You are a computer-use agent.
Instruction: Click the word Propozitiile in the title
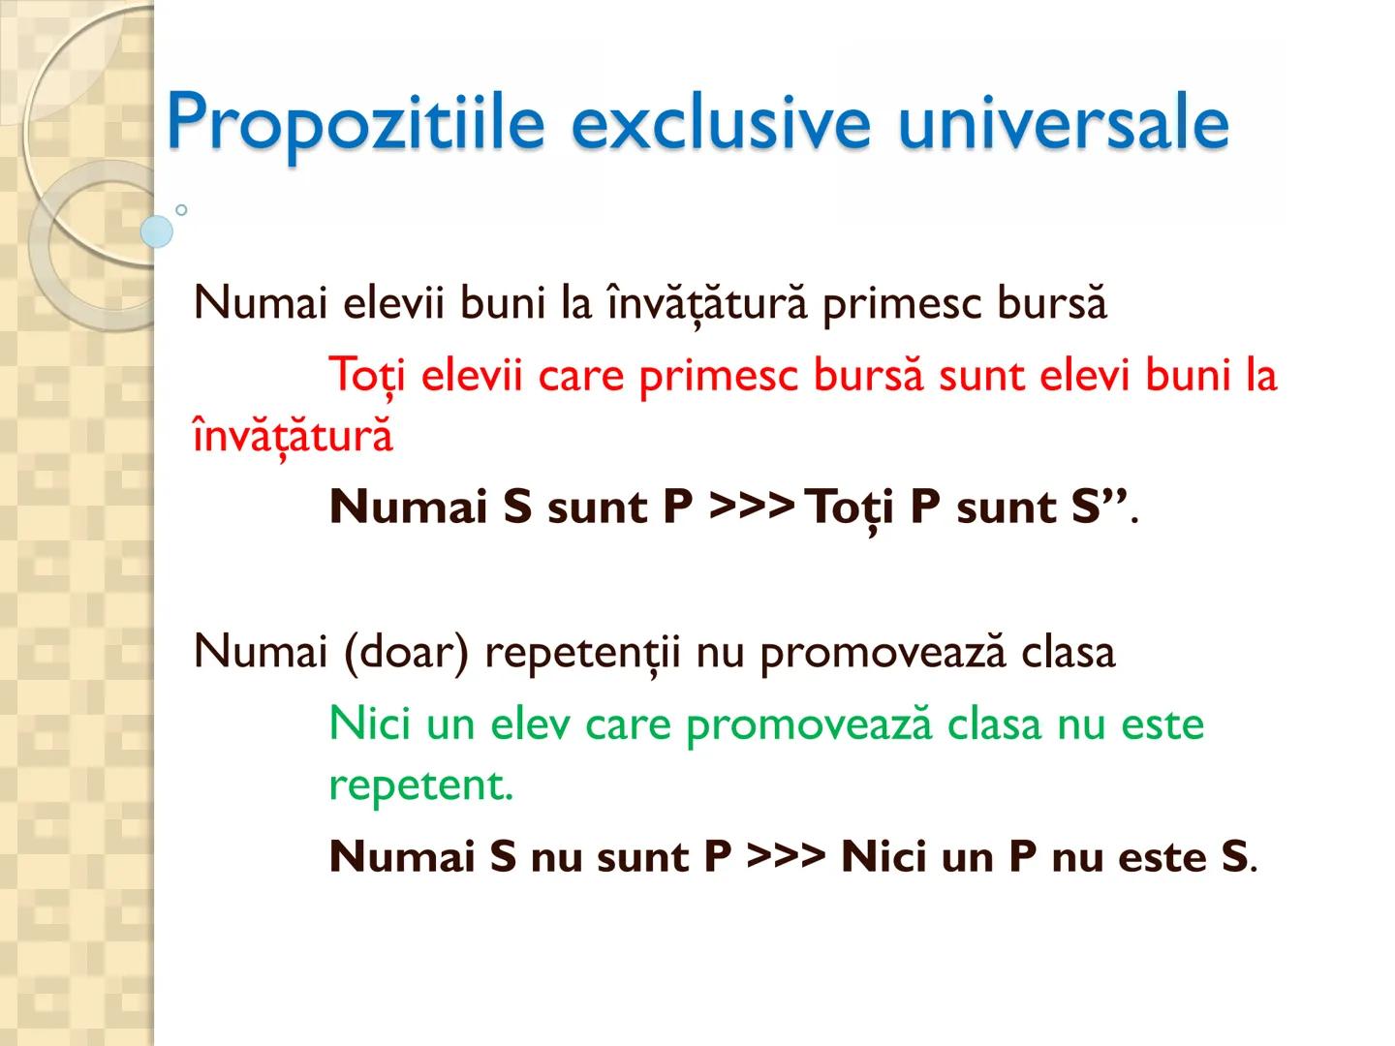tap(355, 123)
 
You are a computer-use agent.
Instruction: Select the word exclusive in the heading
tap(721, 123)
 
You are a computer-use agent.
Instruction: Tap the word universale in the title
tap(1063, 123)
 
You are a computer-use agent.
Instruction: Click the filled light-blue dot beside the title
tap(157, 231)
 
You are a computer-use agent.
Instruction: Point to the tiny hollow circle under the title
tap(181, 209)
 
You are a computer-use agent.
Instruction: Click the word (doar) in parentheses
tap(406, 652)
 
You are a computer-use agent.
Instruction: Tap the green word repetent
tap(419, 785)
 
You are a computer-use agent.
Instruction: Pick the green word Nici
tap(370, 723)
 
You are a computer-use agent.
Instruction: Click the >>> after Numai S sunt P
tap(752, 507)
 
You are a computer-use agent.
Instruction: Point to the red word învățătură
tap(293, 435)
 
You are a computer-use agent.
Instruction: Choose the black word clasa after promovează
tap(1068, 652)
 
